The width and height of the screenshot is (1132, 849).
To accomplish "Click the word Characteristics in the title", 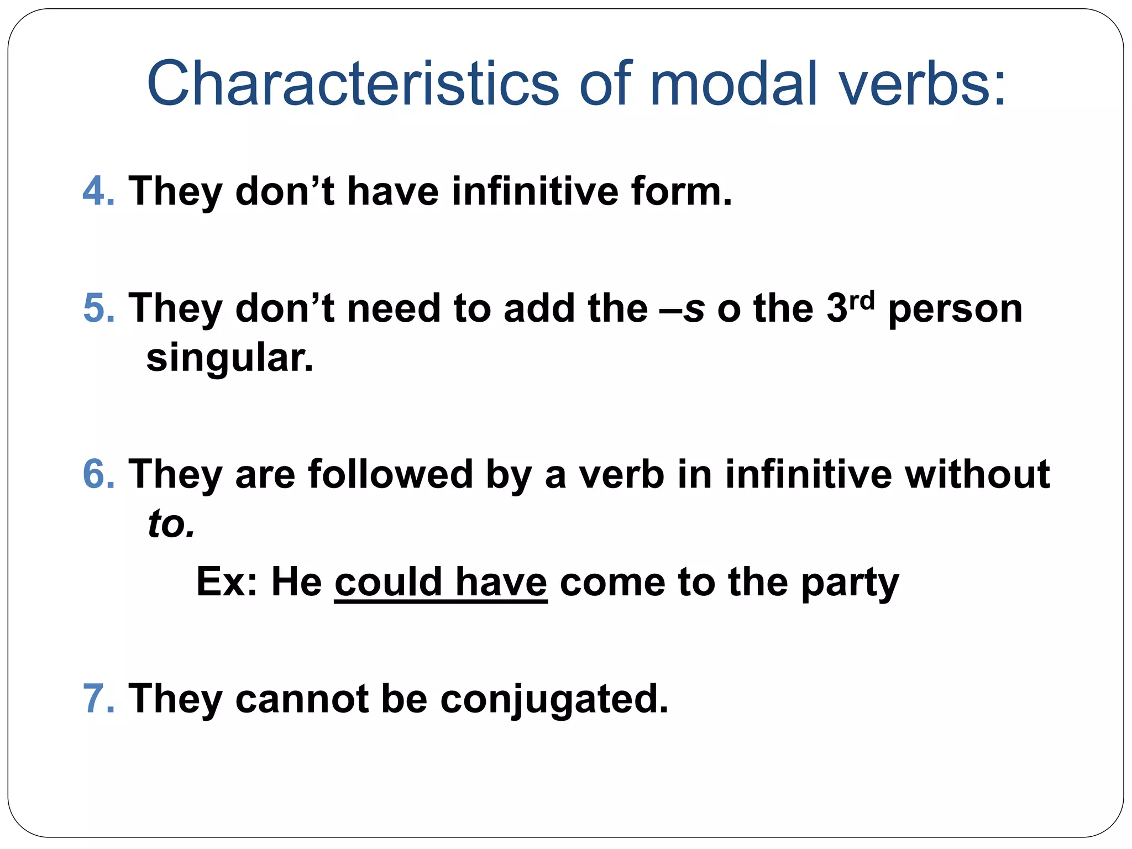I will pyautogui.click(x=353, y=84).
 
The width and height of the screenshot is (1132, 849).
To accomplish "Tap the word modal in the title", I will pyautogui.click(x=733, y=84).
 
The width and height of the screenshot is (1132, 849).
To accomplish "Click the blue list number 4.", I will pyautogui.click(x=98, y=191).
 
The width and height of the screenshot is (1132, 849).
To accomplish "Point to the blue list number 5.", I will pyautogui.click(x=98, y=308).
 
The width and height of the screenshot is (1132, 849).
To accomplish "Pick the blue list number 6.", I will pyautogui.click(x=98, y=474).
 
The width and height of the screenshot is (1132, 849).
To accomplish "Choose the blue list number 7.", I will pyautogui.click(x=98, y=699).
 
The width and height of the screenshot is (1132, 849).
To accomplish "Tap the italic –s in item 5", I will pyautogui.click(x=683, y=308).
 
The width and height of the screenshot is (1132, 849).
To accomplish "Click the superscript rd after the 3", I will pyautogui.click(x=862, y=300).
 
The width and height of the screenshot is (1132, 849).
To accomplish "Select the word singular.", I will pyautogui.click(x=229, y=358).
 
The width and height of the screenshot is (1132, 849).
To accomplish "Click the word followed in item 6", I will pyautogui.click(x=390, y=474).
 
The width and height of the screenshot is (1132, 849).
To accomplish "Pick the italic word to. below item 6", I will pyautogui.click(x=171, y=524).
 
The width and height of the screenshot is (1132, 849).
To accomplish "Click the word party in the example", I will pyautogui.click(x=850, y=584).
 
